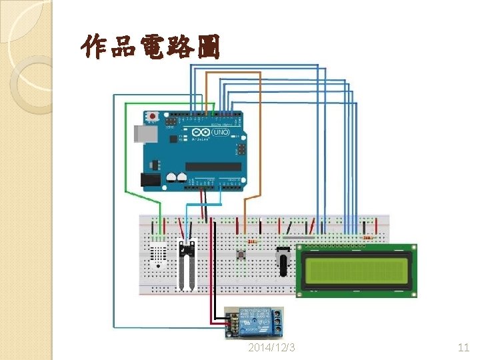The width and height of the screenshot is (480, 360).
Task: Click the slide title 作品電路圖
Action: (149, 47)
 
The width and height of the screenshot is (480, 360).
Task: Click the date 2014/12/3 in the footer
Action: (271, 348)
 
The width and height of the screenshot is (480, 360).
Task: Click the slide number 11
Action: (464, 348)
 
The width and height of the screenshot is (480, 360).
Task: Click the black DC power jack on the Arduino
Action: (150, 180)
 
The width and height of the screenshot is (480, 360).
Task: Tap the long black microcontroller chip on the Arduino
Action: (213, 167)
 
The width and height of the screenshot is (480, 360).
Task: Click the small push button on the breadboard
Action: (240, 254)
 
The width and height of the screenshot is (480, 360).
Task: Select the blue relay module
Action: (256, 322)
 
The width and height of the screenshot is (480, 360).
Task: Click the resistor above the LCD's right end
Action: (367, 237)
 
